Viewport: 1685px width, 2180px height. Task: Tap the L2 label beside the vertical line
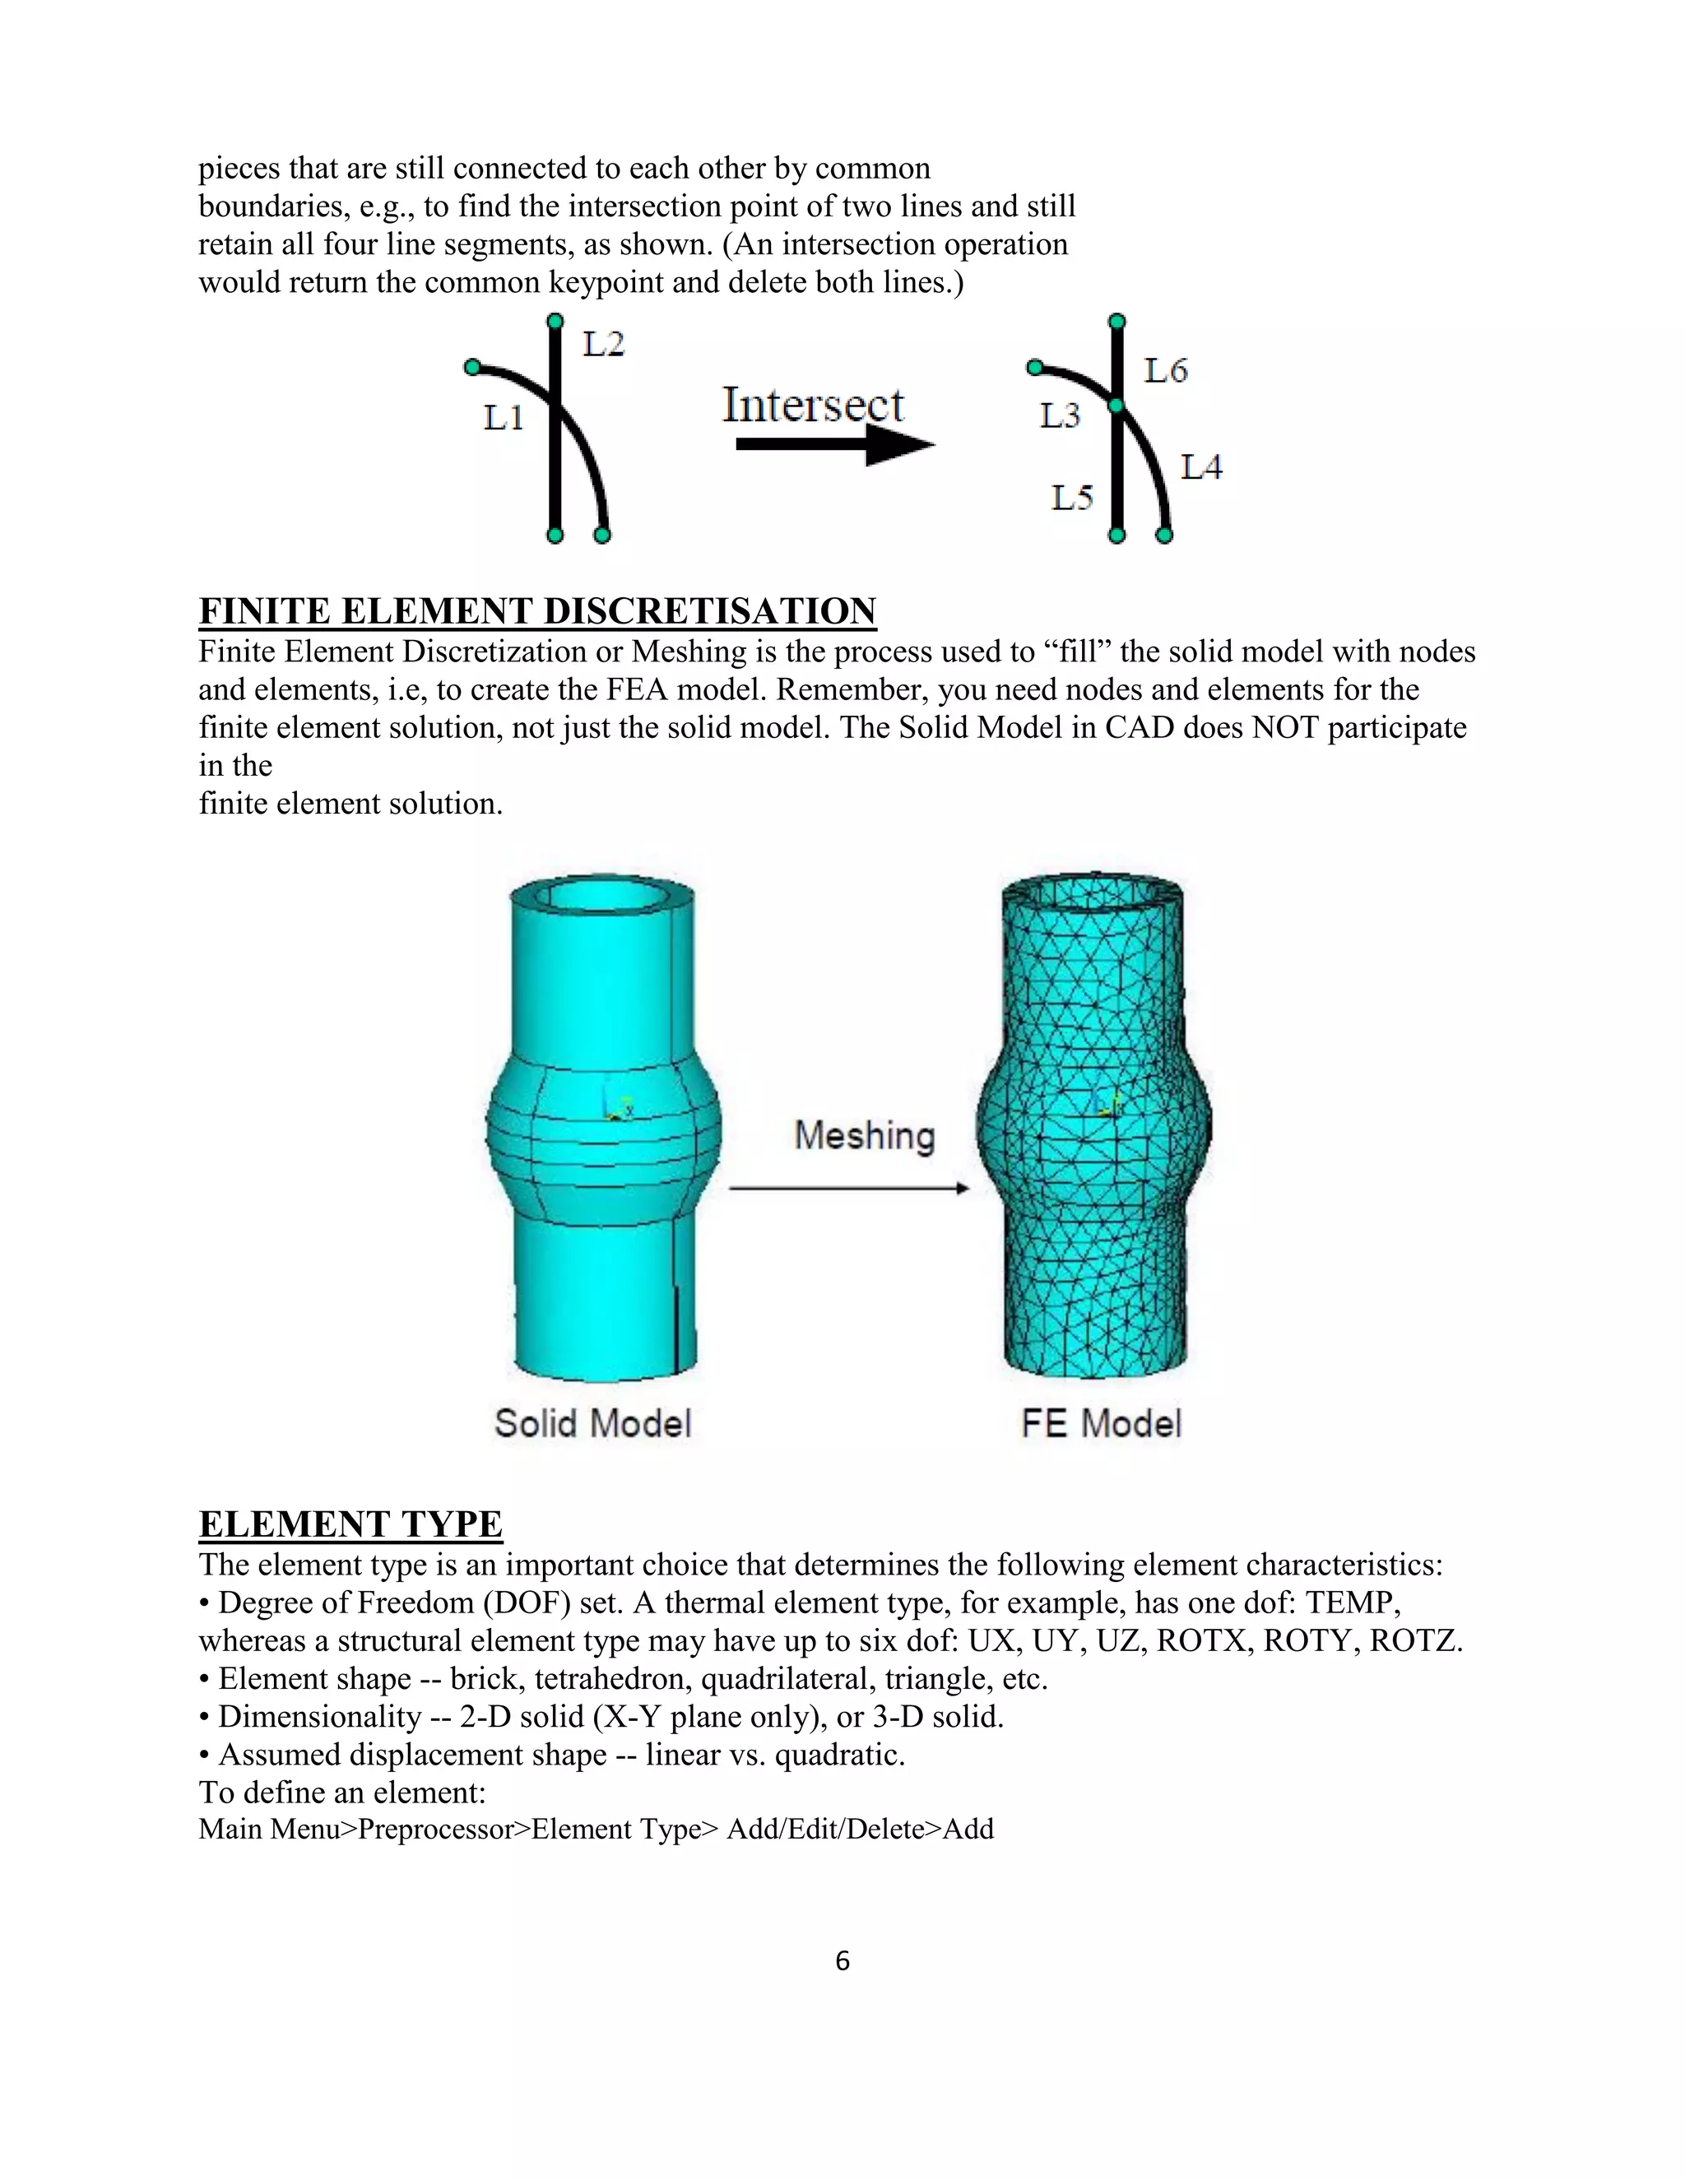[603, 345]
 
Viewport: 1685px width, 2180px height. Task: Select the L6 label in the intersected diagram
[1165, 371]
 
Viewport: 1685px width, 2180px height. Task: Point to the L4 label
[1201, 467]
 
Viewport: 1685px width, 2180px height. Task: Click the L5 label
[1072, 497]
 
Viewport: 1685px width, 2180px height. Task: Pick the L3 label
[1059, 415]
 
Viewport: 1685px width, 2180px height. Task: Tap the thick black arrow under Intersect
[833, 445]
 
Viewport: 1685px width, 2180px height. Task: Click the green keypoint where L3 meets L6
[1117, 406]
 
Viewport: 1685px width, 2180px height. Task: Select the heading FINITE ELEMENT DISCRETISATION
[537, 611]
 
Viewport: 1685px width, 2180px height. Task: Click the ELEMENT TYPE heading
[350, 1524]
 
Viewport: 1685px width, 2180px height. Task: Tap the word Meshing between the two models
[865, 1136]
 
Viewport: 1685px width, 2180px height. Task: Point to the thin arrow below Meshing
[848, 1188]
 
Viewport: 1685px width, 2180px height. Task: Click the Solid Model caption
[593, 1423]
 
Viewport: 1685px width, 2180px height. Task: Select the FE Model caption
[1101, 1423]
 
